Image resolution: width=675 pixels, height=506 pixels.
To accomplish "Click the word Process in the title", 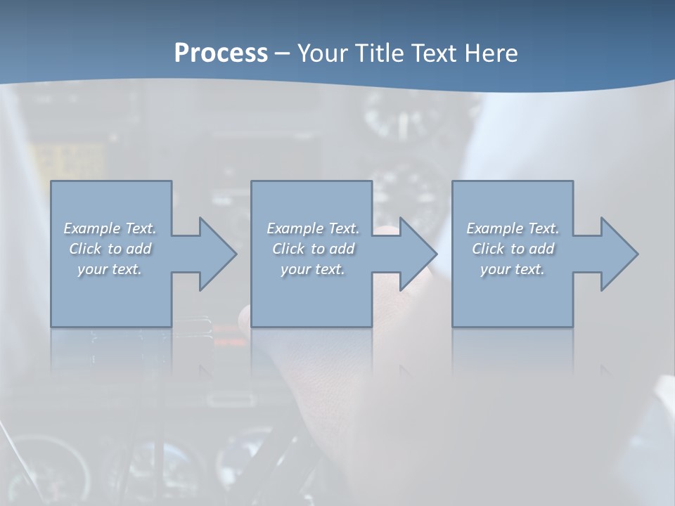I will (x=221, y=53).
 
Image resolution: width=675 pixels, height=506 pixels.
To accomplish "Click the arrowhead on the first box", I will (x=214, y=254).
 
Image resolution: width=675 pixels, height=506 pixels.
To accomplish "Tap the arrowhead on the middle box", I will (x=414, y=254).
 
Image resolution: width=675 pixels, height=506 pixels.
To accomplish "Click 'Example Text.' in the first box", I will (x=110, y=228).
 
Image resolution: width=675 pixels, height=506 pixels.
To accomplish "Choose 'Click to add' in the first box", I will (x=110, y=249).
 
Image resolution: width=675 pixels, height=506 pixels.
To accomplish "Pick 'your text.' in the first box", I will (x=110, y=269).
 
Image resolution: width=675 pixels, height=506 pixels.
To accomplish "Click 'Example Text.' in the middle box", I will (x=313, y=228).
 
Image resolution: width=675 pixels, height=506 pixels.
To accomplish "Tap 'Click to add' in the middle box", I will (x=313, y=249).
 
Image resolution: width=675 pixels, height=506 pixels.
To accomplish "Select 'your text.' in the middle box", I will (x=313, y=269).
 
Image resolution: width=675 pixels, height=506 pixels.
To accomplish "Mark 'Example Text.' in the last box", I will (x=513, y=228).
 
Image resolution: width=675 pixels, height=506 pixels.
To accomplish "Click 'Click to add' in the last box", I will (x=513, y=249).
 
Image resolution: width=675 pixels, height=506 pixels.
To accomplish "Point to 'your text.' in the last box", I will (x=513, y=269).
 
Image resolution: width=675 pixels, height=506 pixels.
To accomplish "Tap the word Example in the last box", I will (x=495, y=228).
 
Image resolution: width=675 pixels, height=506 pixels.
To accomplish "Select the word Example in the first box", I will (x=92, y=228).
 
